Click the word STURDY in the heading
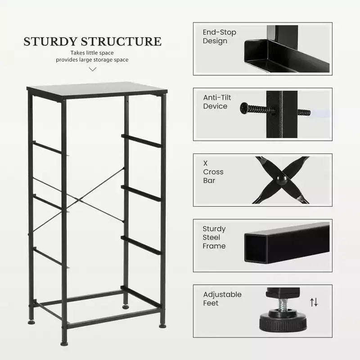coord(50,41)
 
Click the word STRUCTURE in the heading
coord(121,41)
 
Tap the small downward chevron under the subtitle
coord(92,69)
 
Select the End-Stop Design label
coord(219,36)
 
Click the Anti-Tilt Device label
coord(217,102)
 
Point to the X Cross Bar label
coord(213,172)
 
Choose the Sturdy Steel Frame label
coord(214,237)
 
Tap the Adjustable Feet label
coord(222,298)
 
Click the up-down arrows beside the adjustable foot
coord(314,302)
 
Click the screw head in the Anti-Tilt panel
coord(243,108)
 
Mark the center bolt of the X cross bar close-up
coord(282,180)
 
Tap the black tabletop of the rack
coord(97,90)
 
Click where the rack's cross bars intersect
coord(78,200)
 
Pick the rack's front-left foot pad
coord(64,344)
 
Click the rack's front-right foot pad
coord(162,325)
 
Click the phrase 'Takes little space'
coord(92,53)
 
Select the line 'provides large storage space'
coord(92,60)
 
